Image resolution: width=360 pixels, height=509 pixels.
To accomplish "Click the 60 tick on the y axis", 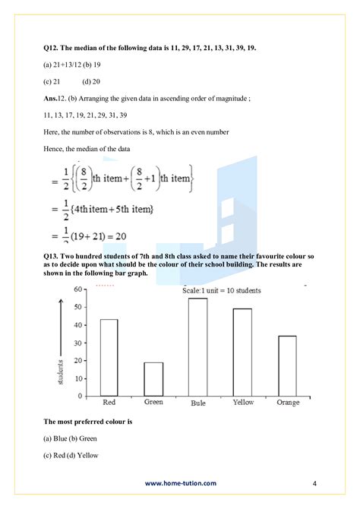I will (78, 290).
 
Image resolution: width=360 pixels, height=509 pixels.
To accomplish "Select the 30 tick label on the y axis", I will (78, 343).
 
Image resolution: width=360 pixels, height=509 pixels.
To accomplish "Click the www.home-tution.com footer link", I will (180, 482).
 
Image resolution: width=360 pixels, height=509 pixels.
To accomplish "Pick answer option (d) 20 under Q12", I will (92, 82).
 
